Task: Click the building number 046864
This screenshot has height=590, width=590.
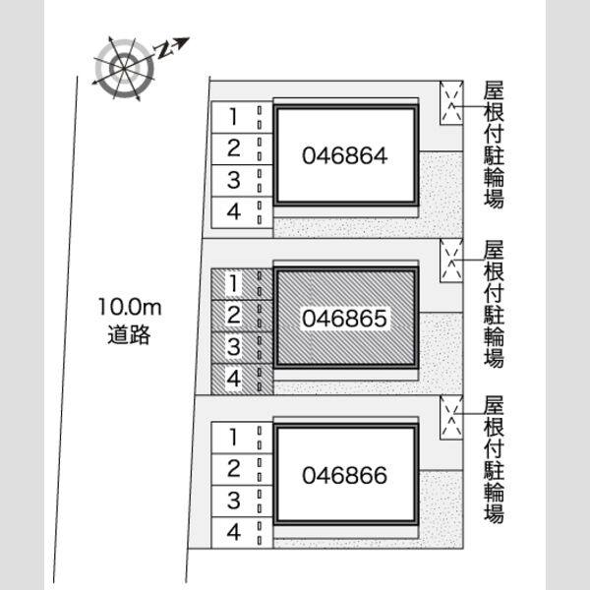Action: (x=345, y=155)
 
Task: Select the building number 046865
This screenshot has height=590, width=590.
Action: (x=345, y=318)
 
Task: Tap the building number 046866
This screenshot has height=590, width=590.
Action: (x=345, y=475)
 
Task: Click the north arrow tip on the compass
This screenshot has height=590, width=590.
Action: (x=189, y=38)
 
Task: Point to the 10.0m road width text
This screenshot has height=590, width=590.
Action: (x=130, y=307)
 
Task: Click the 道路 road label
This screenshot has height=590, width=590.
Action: (x=129, y=334)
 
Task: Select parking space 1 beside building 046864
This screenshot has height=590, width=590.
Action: (x=242, y=117)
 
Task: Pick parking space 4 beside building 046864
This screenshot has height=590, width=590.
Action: (x=242, y=212)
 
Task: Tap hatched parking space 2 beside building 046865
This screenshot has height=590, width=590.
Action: (x=242, y=316)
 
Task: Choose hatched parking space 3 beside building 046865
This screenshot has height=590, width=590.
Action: (x=242, y=347)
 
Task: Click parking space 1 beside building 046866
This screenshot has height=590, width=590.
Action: (x=242, y=438)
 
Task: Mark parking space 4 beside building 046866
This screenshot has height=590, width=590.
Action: (x=242, y=532)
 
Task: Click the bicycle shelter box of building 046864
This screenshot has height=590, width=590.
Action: (x=451, y=102)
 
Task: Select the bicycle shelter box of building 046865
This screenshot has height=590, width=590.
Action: (x=451, y=260)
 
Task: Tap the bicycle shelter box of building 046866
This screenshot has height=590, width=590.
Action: (x=451, y=417)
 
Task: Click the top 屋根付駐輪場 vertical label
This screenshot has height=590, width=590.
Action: (x=494, y=145)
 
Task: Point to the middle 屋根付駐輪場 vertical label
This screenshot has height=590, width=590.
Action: (x=494, y=304)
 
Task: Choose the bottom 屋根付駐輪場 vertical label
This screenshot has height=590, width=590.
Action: (x=494, y=459)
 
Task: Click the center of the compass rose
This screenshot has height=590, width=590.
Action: (x=124, y=69)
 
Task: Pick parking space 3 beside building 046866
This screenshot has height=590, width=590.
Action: (x=242, y=501)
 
